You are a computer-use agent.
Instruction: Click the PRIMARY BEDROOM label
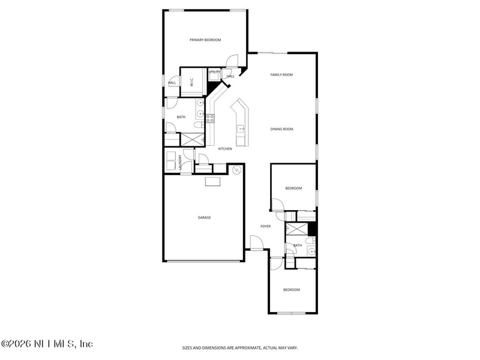click(x=205, y=40)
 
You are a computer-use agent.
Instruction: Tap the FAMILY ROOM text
click(x=281, y=74)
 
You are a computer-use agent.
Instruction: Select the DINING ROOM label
click(x=281, y=128)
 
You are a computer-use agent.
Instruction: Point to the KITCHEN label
click(x=225, y=149)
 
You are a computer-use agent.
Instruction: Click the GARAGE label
click(x=204, y=217)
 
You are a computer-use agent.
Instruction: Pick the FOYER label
click(x=265, y=226)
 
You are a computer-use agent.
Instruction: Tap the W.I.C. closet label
click(x=191, y=83)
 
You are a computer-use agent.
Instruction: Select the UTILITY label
click(x=214, y=72)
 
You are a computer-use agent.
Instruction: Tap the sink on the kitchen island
click(x=241, y=128)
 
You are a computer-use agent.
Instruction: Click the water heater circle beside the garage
click(x=236, y=170)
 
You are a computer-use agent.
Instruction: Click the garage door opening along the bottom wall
click(x=204, y=261)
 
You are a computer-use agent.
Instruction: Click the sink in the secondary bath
click(x=310, y=251)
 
